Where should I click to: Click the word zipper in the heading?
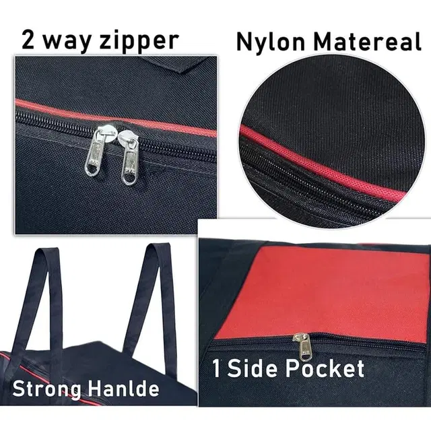coord(139,40)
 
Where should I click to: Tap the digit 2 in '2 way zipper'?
coord(28,39)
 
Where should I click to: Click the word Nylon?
coord(271,42)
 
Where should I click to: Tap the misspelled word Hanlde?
coord(124,388)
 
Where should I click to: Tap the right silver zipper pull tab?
coord(129,162)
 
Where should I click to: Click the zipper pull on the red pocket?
coord(304,347)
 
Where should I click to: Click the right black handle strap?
coord(154,302)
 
